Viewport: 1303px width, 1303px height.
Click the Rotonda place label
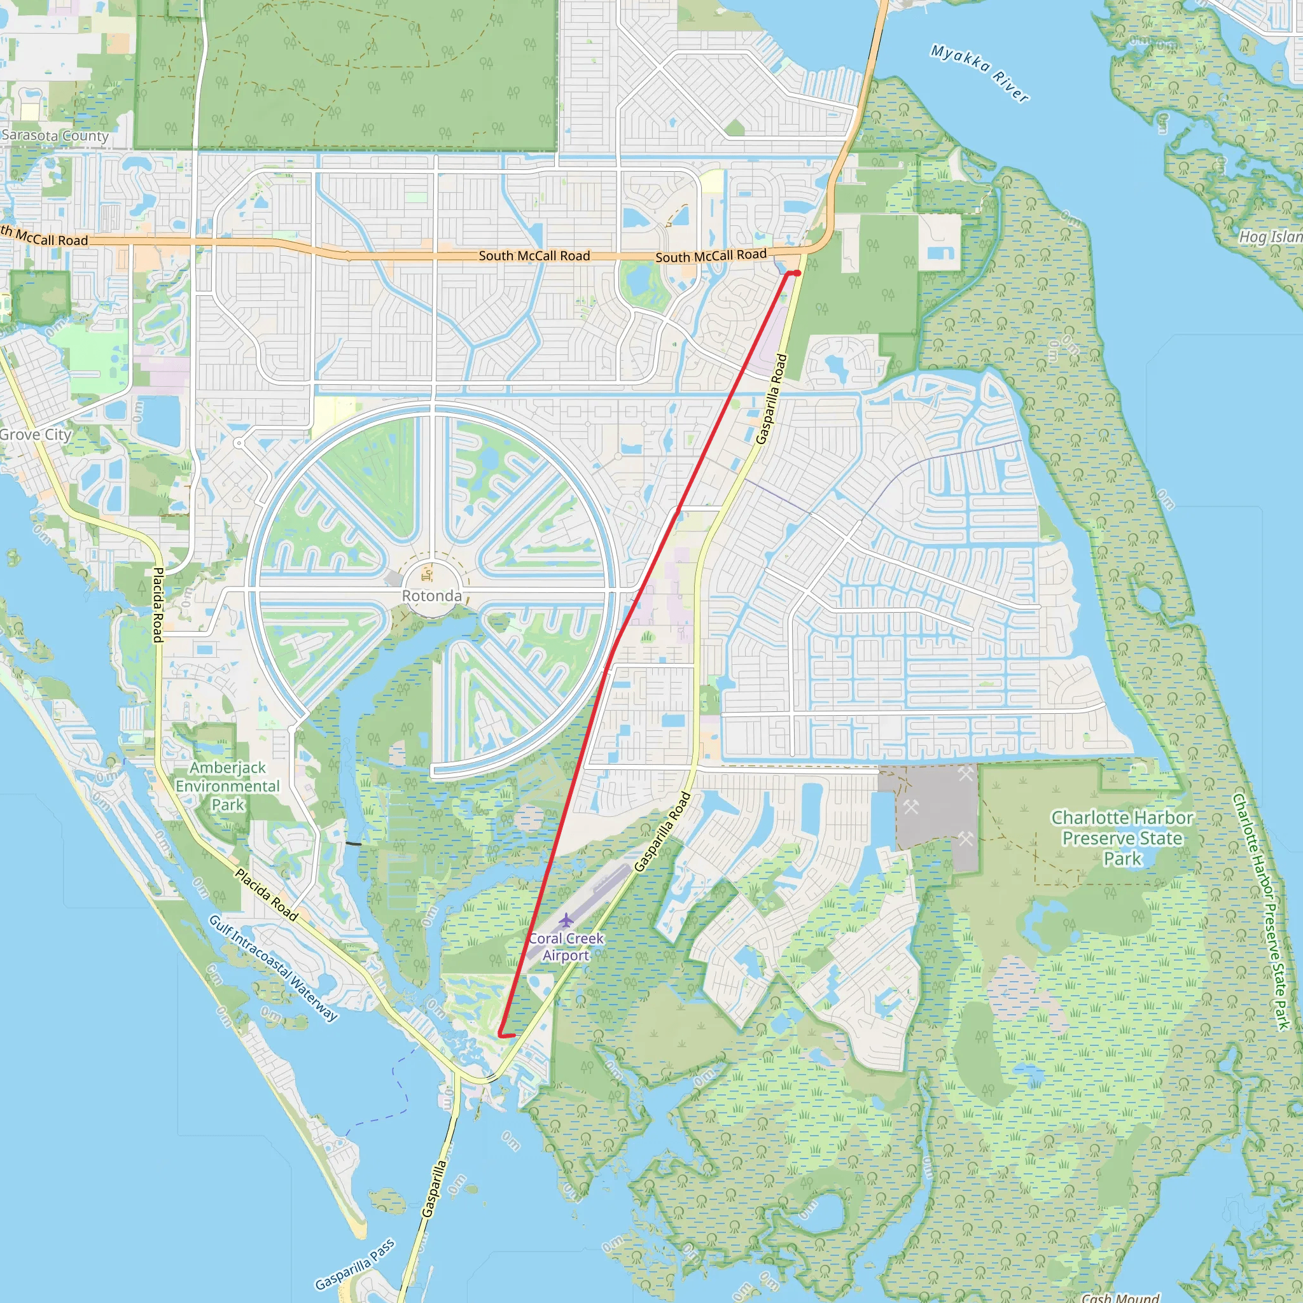pyautogui.click(x=431, y=596)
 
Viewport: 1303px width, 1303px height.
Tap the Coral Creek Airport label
pyautogui.click(x=566, y=947)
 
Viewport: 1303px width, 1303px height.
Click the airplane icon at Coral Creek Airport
pyautogui.click(x=566, y=920)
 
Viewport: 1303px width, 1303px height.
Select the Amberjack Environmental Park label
pyautogui.click(x=228, y=786)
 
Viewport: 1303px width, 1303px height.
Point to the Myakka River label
pyautogui.click(x=980, y=72)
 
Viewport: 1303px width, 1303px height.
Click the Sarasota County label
pyautogui.click(x=55, y=136)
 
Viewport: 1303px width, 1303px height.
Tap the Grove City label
pyautogui.click(x=35, y=435)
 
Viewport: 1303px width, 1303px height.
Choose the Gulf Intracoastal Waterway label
pyautogui.click(x=273, y=968)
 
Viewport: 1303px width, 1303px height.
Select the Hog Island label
pyautogui.click(x=1270, y=237)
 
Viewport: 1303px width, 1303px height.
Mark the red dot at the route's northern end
pyautogui.click(x=797, y=273)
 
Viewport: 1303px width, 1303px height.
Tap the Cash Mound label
pyautogui.click(x=1120, y=1297)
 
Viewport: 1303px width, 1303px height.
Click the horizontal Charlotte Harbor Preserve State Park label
pyautogui.click(x=1122, y=838)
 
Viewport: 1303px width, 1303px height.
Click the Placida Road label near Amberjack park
pyautogui.click(x=267, y=895)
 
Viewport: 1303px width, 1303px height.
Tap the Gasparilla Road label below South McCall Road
pyautogui.click(x=771, y=400)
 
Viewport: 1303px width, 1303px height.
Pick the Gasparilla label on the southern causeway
pyautogui.click(x=435, y=1188)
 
